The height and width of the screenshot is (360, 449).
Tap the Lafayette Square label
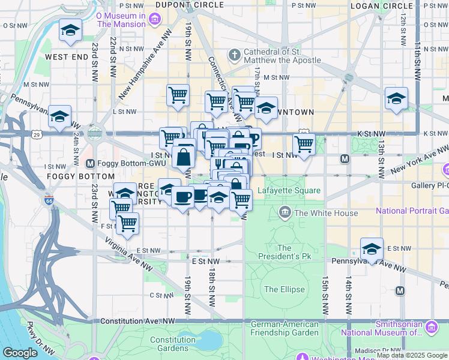[x=289, y=191]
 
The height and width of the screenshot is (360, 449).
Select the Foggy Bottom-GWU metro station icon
[x=90, y=163]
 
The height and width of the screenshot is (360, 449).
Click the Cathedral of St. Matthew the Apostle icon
[x=234, y=56]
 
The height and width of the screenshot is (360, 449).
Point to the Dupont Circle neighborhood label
[x=182, y=5]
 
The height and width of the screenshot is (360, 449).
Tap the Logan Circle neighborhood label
[x=381, y=6]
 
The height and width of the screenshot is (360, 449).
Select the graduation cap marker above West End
[x=70, y=30]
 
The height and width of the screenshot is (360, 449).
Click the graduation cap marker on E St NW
[x=372, y=249]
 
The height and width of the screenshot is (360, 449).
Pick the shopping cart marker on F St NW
[x=127, y=224]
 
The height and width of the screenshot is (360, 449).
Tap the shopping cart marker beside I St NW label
[x=304, y=145]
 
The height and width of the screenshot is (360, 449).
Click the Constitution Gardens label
[x=173, y=344]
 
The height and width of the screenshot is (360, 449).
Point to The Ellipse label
[x=284, y=289]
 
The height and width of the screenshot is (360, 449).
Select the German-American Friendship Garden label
[x=285, y=328]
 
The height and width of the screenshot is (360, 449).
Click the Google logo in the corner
[x=20, y=353]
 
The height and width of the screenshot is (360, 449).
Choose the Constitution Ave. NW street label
[x=137, y=322]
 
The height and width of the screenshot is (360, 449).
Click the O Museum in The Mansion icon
[x=155, y=19]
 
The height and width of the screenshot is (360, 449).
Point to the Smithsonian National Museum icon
[x=432, y=328]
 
